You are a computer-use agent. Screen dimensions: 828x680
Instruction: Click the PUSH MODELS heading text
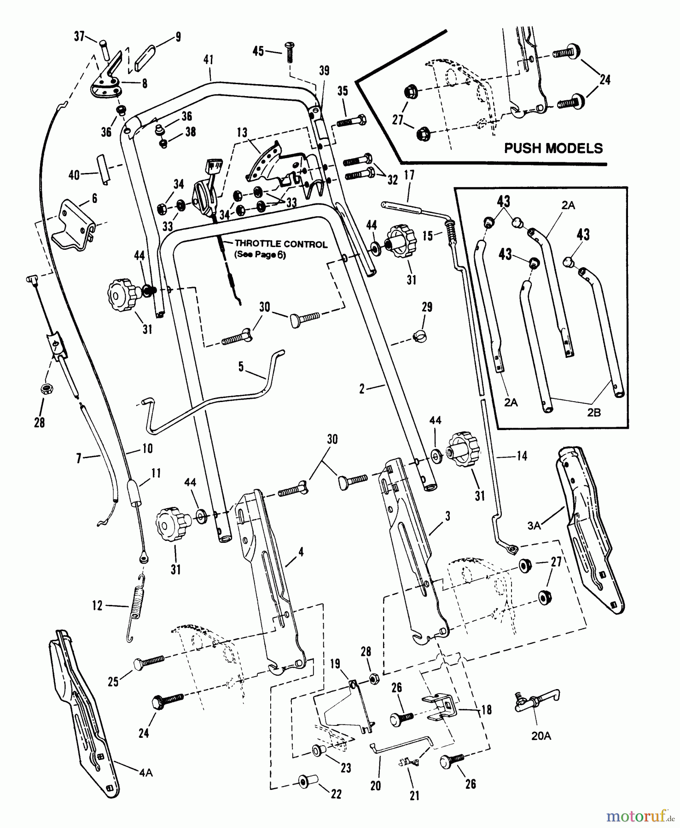(553, 148)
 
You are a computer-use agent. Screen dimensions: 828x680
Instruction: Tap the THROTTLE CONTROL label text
(281, 244)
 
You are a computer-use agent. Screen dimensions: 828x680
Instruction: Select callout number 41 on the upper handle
(209, 60)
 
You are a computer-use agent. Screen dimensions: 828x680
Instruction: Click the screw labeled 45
(290, 52)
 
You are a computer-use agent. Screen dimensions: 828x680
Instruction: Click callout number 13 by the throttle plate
(242, 132)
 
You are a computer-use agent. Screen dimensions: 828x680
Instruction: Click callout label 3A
(534, 524)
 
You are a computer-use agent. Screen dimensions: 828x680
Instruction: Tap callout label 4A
(145, 772)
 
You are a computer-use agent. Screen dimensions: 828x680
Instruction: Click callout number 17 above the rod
(409, 175)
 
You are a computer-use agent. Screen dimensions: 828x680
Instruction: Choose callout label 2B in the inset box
(593, 412)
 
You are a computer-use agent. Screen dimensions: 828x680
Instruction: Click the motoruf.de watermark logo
(640, 816)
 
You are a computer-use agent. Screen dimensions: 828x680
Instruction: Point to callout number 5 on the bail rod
(241, 367)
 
